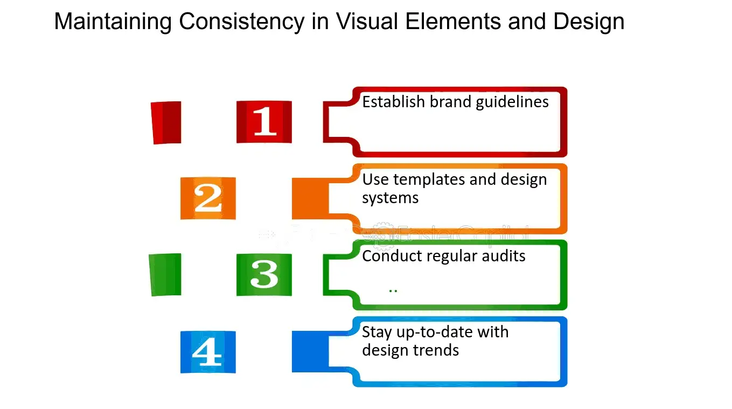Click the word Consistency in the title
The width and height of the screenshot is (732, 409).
(241, 22)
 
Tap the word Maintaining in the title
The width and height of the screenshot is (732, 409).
(113, 22)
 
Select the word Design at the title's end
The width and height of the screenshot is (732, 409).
(589, 22)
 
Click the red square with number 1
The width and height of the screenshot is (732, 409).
(264, 122)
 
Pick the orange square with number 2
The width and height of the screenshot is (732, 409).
(208, 198)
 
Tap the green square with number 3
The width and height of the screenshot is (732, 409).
(264, 275)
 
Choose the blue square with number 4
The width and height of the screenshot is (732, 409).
(208, 352)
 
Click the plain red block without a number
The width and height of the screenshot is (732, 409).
(166, 123)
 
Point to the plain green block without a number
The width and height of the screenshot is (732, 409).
(165, 275)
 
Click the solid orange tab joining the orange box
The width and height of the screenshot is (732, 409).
(310, 198)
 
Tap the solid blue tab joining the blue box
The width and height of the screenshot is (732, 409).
(310, 351)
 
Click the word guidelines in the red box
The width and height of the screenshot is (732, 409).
(512, 102)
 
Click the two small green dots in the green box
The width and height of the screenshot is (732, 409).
(393, 290)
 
